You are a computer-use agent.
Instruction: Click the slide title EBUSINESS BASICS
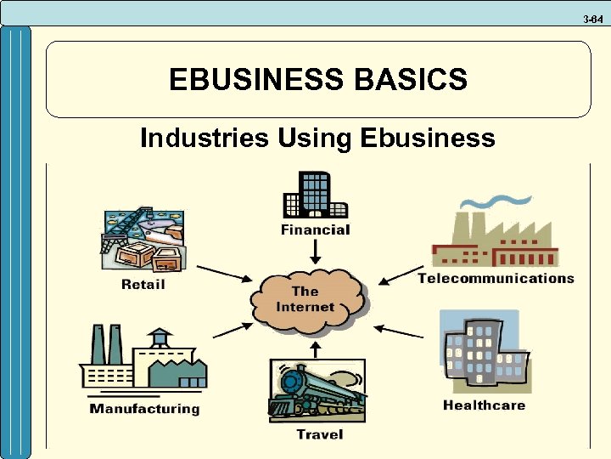(317, 79)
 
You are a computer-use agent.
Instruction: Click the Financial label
(315, 229)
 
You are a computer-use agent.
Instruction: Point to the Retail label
(143, 284)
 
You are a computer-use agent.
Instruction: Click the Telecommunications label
(496, 278)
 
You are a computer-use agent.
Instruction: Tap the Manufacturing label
(145, 409)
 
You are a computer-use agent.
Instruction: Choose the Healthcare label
(484, 405)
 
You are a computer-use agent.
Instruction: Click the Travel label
(319, 434)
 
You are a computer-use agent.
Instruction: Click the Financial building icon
(315, 195)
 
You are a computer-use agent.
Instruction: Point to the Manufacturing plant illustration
(143, 361)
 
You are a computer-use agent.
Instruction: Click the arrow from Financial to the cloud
(315, 251)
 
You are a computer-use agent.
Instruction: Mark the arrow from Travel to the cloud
(316, 348)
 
